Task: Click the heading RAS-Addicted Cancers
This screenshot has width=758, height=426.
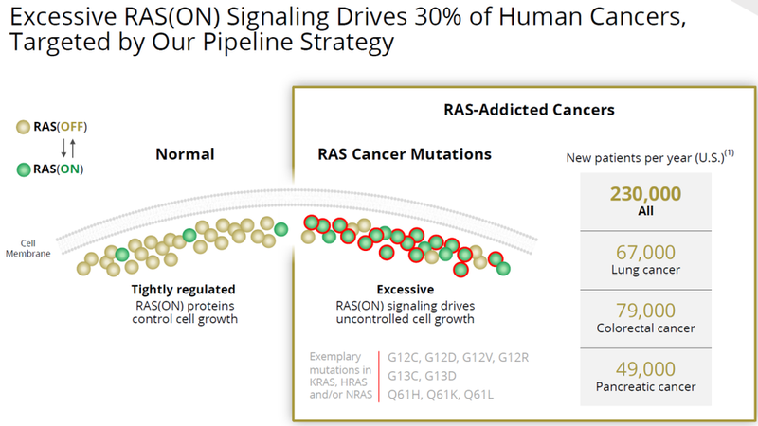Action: [x=529, y=110]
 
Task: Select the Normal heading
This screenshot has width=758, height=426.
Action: [x=185, y=154]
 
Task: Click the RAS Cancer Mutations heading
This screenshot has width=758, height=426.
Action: [x=403, y=154]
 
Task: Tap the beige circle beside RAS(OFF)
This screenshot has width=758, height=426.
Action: [x=22, y=127]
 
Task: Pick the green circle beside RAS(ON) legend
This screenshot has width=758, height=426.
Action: [x=22, y=170]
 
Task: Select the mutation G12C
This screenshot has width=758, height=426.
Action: [x=403, y=357]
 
